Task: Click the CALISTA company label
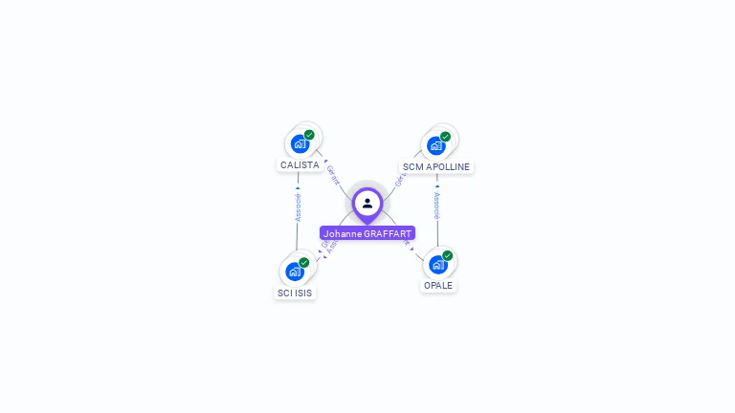click(300, 165)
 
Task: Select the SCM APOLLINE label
click(436, 166)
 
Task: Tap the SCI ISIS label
click(295, 293)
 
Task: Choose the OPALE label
click(438, 285)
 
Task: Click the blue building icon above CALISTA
click(301, 143)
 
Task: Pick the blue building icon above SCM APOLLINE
click(436, 145)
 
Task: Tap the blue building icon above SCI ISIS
click(295, 272)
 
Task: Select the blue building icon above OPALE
click(438, 264)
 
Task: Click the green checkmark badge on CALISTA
click(309, 135)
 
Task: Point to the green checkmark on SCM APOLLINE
click(445, 137)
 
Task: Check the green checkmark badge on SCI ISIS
click(303, 263)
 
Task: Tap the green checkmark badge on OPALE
click(447, 255)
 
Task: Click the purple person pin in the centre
click(367, 204)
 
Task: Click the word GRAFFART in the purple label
click(388, 233)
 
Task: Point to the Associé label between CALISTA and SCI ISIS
click(298, 207)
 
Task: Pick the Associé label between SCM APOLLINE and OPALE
click(437, 206)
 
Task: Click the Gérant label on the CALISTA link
click(333, 175)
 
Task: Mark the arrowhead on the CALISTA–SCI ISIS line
click(298, 188)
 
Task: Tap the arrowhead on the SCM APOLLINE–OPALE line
click(437, 186)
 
